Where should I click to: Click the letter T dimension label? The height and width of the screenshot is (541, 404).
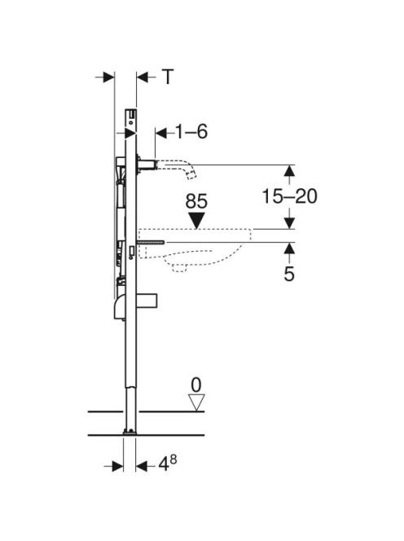[167, 77]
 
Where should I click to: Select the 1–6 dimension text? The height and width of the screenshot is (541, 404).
[191, 131]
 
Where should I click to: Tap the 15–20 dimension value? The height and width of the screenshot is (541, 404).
[289, 196]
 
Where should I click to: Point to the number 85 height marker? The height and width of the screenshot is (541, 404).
[196, 201]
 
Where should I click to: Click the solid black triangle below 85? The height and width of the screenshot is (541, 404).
[196, 220]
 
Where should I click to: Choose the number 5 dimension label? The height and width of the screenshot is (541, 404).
[289, 274]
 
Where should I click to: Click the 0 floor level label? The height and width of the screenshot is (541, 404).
[196, 385]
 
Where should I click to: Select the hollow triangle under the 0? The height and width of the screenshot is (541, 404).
[196, 402]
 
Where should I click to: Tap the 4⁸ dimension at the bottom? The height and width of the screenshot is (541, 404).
[167, 464]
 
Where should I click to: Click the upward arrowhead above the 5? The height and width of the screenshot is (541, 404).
[289, 249]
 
